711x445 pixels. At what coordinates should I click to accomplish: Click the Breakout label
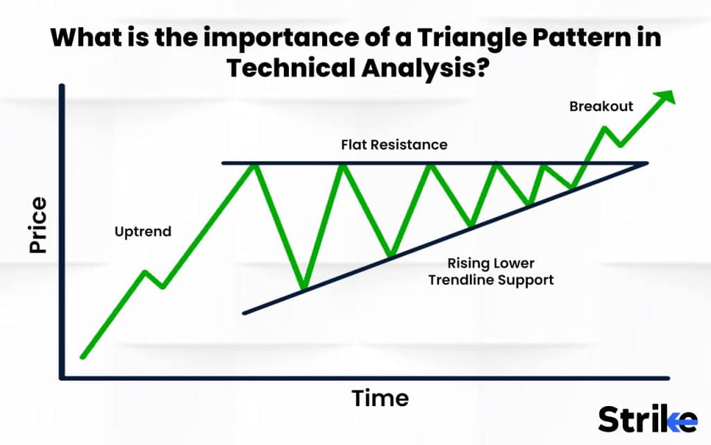point(601,106)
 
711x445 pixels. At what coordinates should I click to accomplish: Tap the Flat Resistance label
point(394,145)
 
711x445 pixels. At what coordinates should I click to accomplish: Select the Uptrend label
point(142,232)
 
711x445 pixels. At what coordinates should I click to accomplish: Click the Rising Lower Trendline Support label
point(491,272)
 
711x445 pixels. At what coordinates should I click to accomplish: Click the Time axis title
point(380,398)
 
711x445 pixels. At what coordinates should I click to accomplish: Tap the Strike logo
point(647,420)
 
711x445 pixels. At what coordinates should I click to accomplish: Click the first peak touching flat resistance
point(255,164)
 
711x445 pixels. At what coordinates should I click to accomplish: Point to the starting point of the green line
point(83,357)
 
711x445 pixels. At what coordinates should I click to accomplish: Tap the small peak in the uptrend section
point(145,271)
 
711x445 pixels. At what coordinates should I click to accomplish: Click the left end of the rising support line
point(244,313)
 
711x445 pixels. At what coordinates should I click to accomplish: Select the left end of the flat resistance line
point(223,163)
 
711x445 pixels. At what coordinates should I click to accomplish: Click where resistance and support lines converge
point(646,163)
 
